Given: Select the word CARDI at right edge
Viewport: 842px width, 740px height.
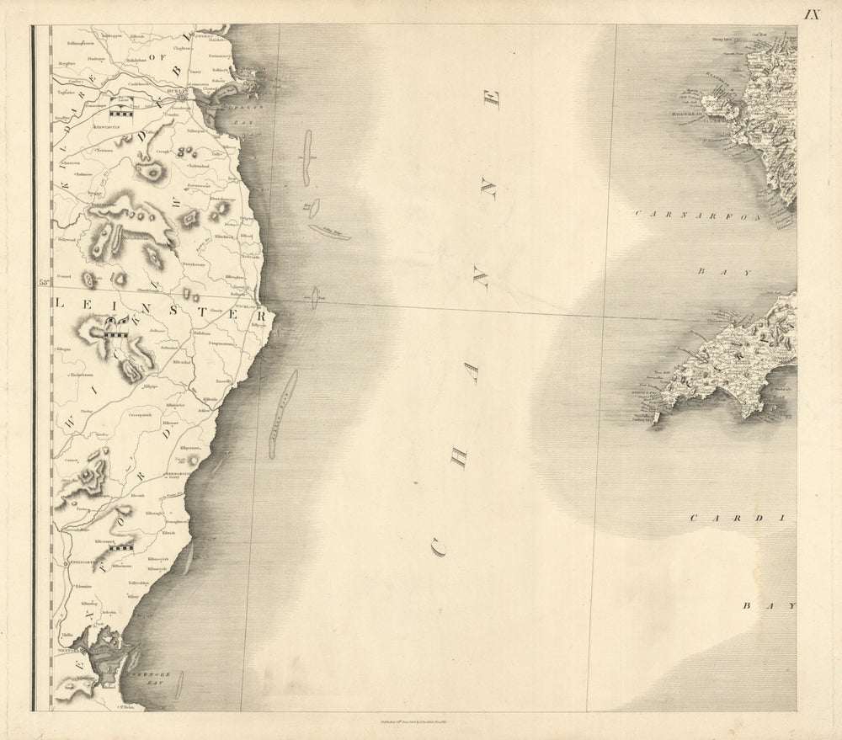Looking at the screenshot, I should tap(742, 519).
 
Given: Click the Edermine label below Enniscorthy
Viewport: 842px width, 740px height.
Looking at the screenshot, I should tap(83, 587).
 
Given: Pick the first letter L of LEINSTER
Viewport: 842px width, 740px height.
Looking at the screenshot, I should tap(59, 302).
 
